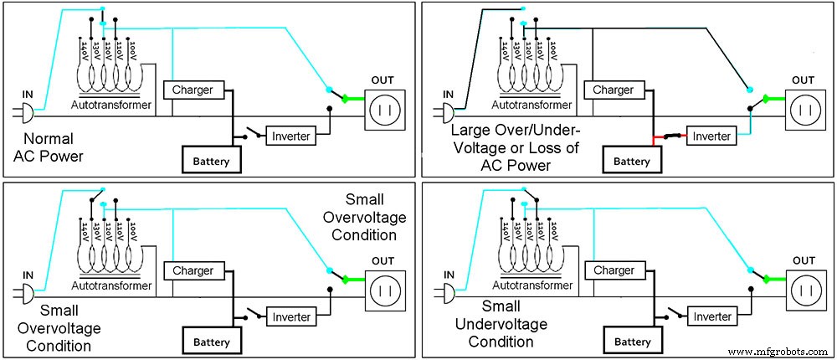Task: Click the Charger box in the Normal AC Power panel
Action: coord(193,90)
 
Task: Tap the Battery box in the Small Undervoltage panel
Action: coord(633,342)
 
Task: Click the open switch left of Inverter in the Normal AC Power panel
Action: coord(249,133)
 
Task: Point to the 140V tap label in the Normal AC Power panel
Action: coord(85,52)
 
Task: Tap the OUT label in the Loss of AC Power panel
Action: coord(802,80)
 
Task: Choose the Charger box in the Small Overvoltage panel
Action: coord(193,270)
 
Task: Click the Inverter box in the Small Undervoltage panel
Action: coord(712,316)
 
